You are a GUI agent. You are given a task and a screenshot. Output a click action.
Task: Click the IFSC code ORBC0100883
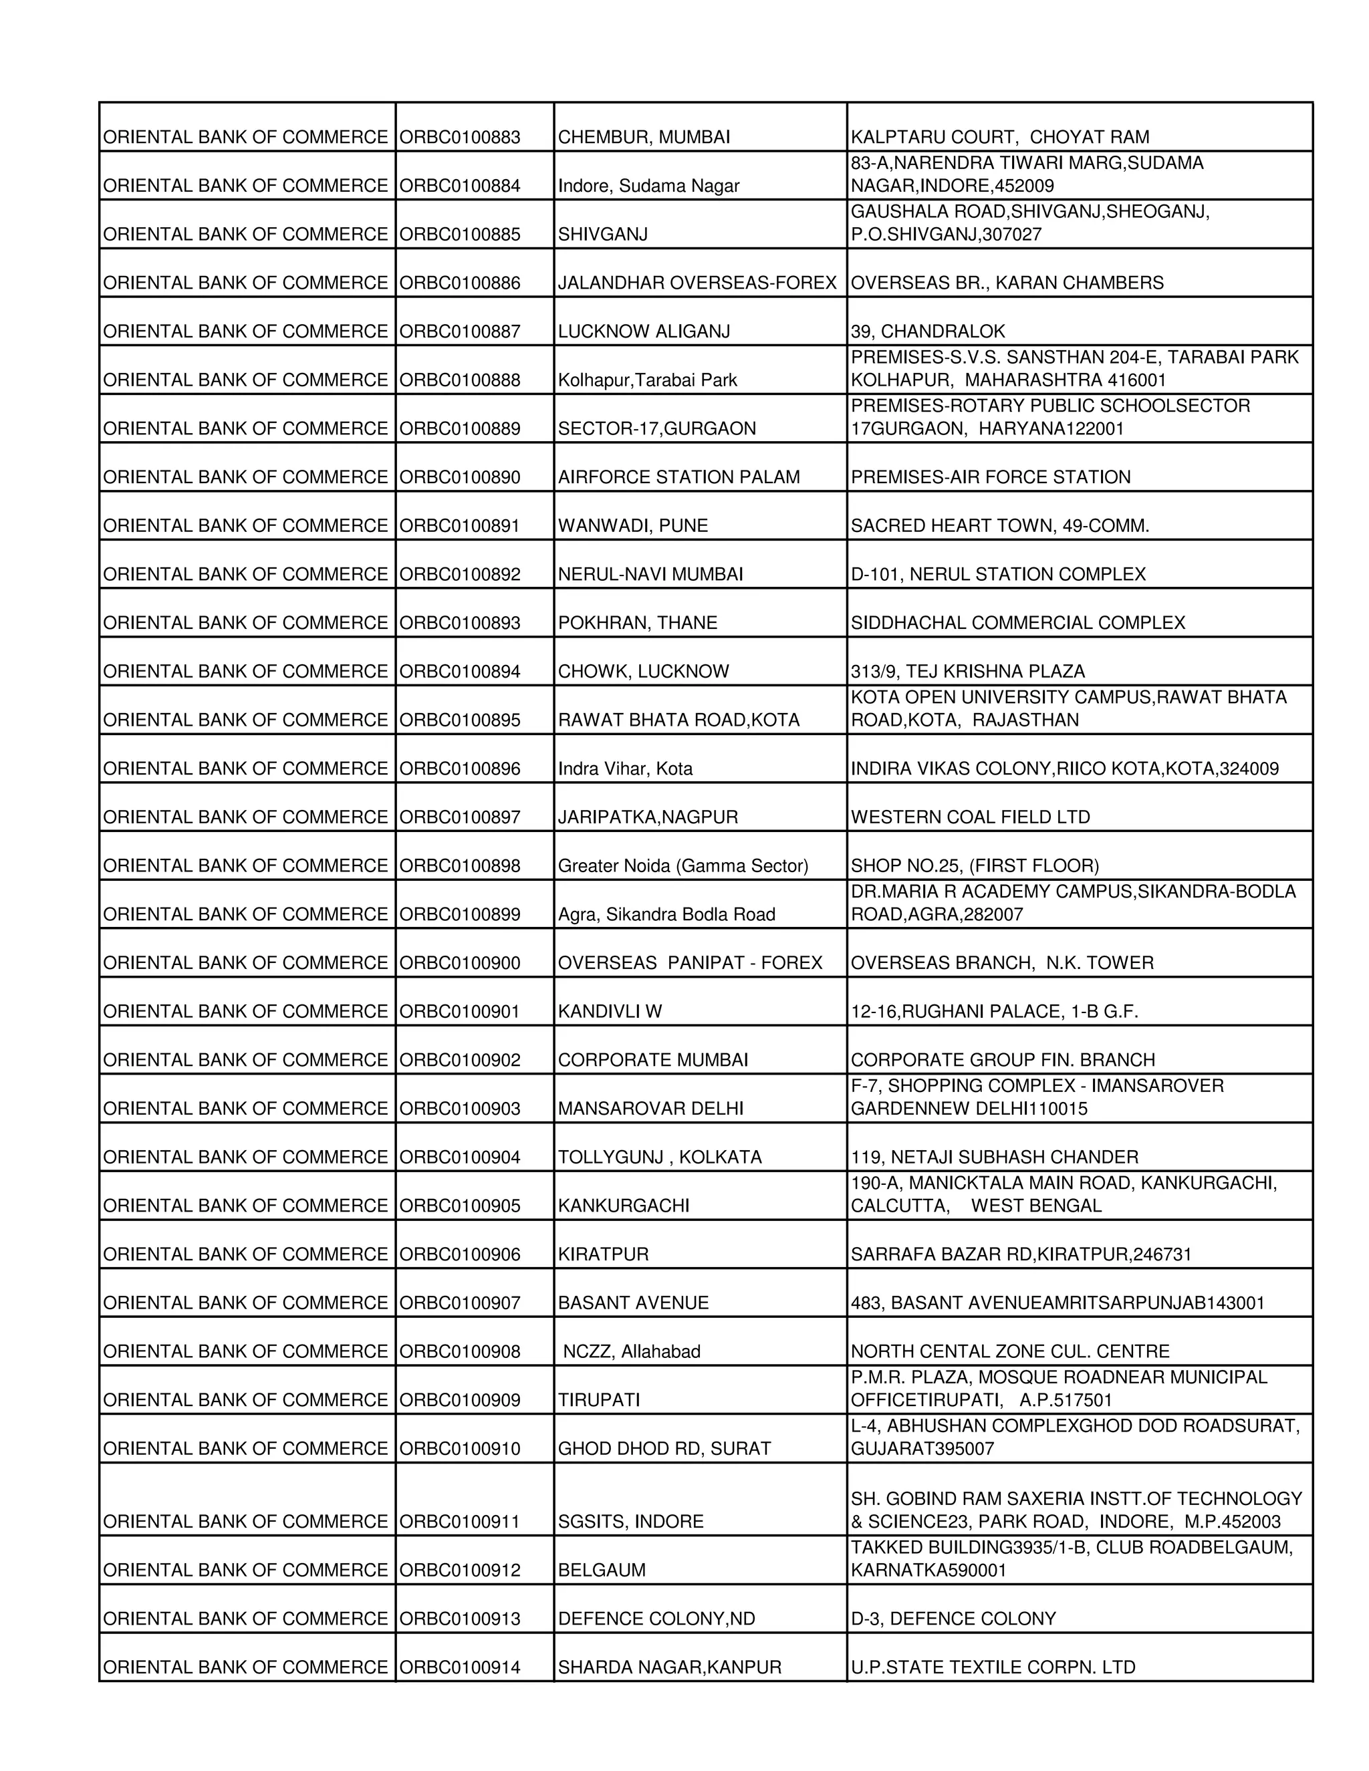[x=460, y=137]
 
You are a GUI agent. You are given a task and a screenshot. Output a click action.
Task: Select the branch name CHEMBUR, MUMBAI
[x=644, y=137]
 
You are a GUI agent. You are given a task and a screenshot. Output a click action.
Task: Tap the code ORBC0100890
[x=460, y=476]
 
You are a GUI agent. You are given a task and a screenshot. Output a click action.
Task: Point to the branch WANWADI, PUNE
[x=632, y=525]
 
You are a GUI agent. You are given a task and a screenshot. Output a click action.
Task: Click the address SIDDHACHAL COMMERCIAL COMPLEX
[x=1018, y=623]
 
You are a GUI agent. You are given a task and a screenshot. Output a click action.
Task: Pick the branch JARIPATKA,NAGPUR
[x=648, y=817]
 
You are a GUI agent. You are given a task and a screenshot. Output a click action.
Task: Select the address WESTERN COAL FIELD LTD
[x=970, y=817]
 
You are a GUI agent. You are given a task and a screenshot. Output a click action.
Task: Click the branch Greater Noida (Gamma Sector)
[x=683, y=865]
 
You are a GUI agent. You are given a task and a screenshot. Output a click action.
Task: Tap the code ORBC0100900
[x=460, y=962]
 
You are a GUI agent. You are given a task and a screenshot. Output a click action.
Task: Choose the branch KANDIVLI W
[x=610, y=1011]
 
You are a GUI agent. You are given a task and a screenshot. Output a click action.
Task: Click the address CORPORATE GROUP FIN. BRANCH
[x=1003, y=1060]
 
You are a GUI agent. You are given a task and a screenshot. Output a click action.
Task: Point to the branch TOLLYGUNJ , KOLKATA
[x=659, y=1157]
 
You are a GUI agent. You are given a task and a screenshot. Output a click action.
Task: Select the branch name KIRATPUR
[x=604, y=1254]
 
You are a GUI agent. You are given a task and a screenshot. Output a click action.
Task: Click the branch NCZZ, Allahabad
[x=631, y=1352]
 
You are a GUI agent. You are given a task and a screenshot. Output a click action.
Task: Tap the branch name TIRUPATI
[x=598, y=1400]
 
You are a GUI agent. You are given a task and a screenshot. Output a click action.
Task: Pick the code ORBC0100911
[x=460, y=1522]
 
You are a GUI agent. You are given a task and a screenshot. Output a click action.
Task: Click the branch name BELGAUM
[x=602, y=1571]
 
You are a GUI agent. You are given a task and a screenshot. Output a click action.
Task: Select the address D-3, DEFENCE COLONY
[x=953, y=1619]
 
